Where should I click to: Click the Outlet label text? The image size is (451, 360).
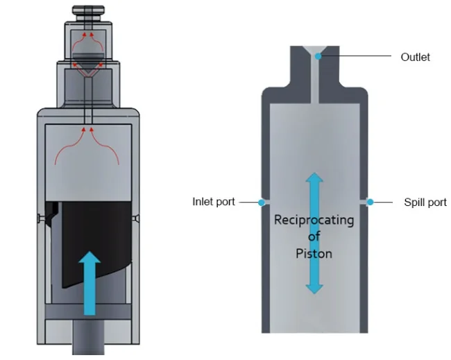(x=416, y=57)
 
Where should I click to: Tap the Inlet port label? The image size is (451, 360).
(x=214, y=202)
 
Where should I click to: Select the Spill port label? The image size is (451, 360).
(x=425, y=202)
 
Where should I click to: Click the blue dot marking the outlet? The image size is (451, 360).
(x=318, y=56)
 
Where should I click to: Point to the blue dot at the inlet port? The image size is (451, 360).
(x=261, y=203)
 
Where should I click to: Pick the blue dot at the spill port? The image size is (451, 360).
(x=371, y=202)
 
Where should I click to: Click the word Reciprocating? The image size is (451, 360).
(x=314, y=221)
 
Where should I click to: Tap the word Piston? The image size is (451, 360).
(x=314, y=254)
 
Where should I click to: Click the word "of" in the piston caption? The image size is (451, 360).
(x=314, y=237)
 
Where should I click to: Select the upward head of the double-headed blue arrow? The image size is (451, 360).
(x=315, y=178)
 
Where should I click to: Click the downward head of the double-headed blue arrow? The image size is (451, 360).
(x=314, y=289)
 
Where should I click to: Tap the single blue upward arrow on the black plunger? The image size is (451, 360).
(x=90, y=283)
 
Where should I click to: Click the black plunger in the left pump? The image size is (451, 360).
(x=95, y=241)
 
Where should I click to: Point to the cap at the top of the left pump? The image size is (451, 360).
(x=88, y=12)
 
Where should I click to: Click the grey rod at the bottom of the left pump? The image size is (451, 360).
(x=88, y=338)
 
